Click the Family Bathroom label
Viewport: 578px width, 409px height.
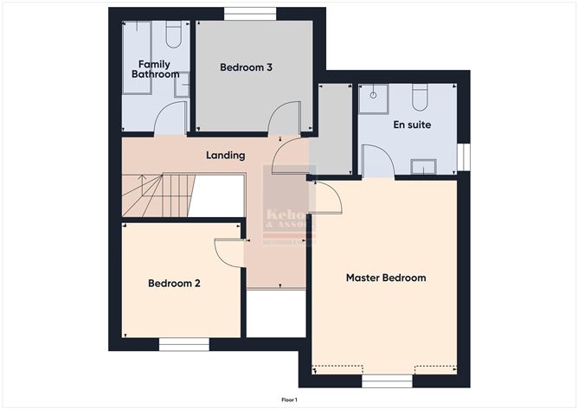[x=155, y=69]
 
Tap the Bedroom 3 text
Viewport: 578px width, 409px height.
[x=247, y=67]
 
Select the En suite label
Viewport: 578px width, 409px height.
[x=412, y=125]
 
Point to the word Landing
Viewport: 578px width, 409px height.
[x=225, y=156]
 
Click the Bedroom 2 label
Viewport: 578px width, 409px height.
[x=175, y=283]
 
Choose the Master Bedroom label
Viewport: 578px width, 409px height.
[x=386, y=278]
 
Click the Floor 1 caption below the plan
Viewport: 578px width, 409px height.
[x=289, y=399]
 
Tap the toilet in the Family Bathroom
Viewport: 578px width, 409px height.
[x=173, y=35]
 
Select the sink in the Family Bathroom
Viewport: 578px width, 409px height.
[x=182, y=84]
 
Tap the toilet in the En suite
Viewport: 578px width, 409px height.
[x=421, y=97]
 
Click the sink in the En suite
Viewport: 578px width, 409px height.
[x=424, y=166]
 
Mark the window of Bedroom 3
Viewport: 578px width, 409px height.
[x=251, y=13]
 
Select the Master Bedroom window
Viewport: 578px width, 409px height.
[x=386, y=380]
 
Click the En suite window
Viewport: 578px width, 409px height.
[x=463, y=157]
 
